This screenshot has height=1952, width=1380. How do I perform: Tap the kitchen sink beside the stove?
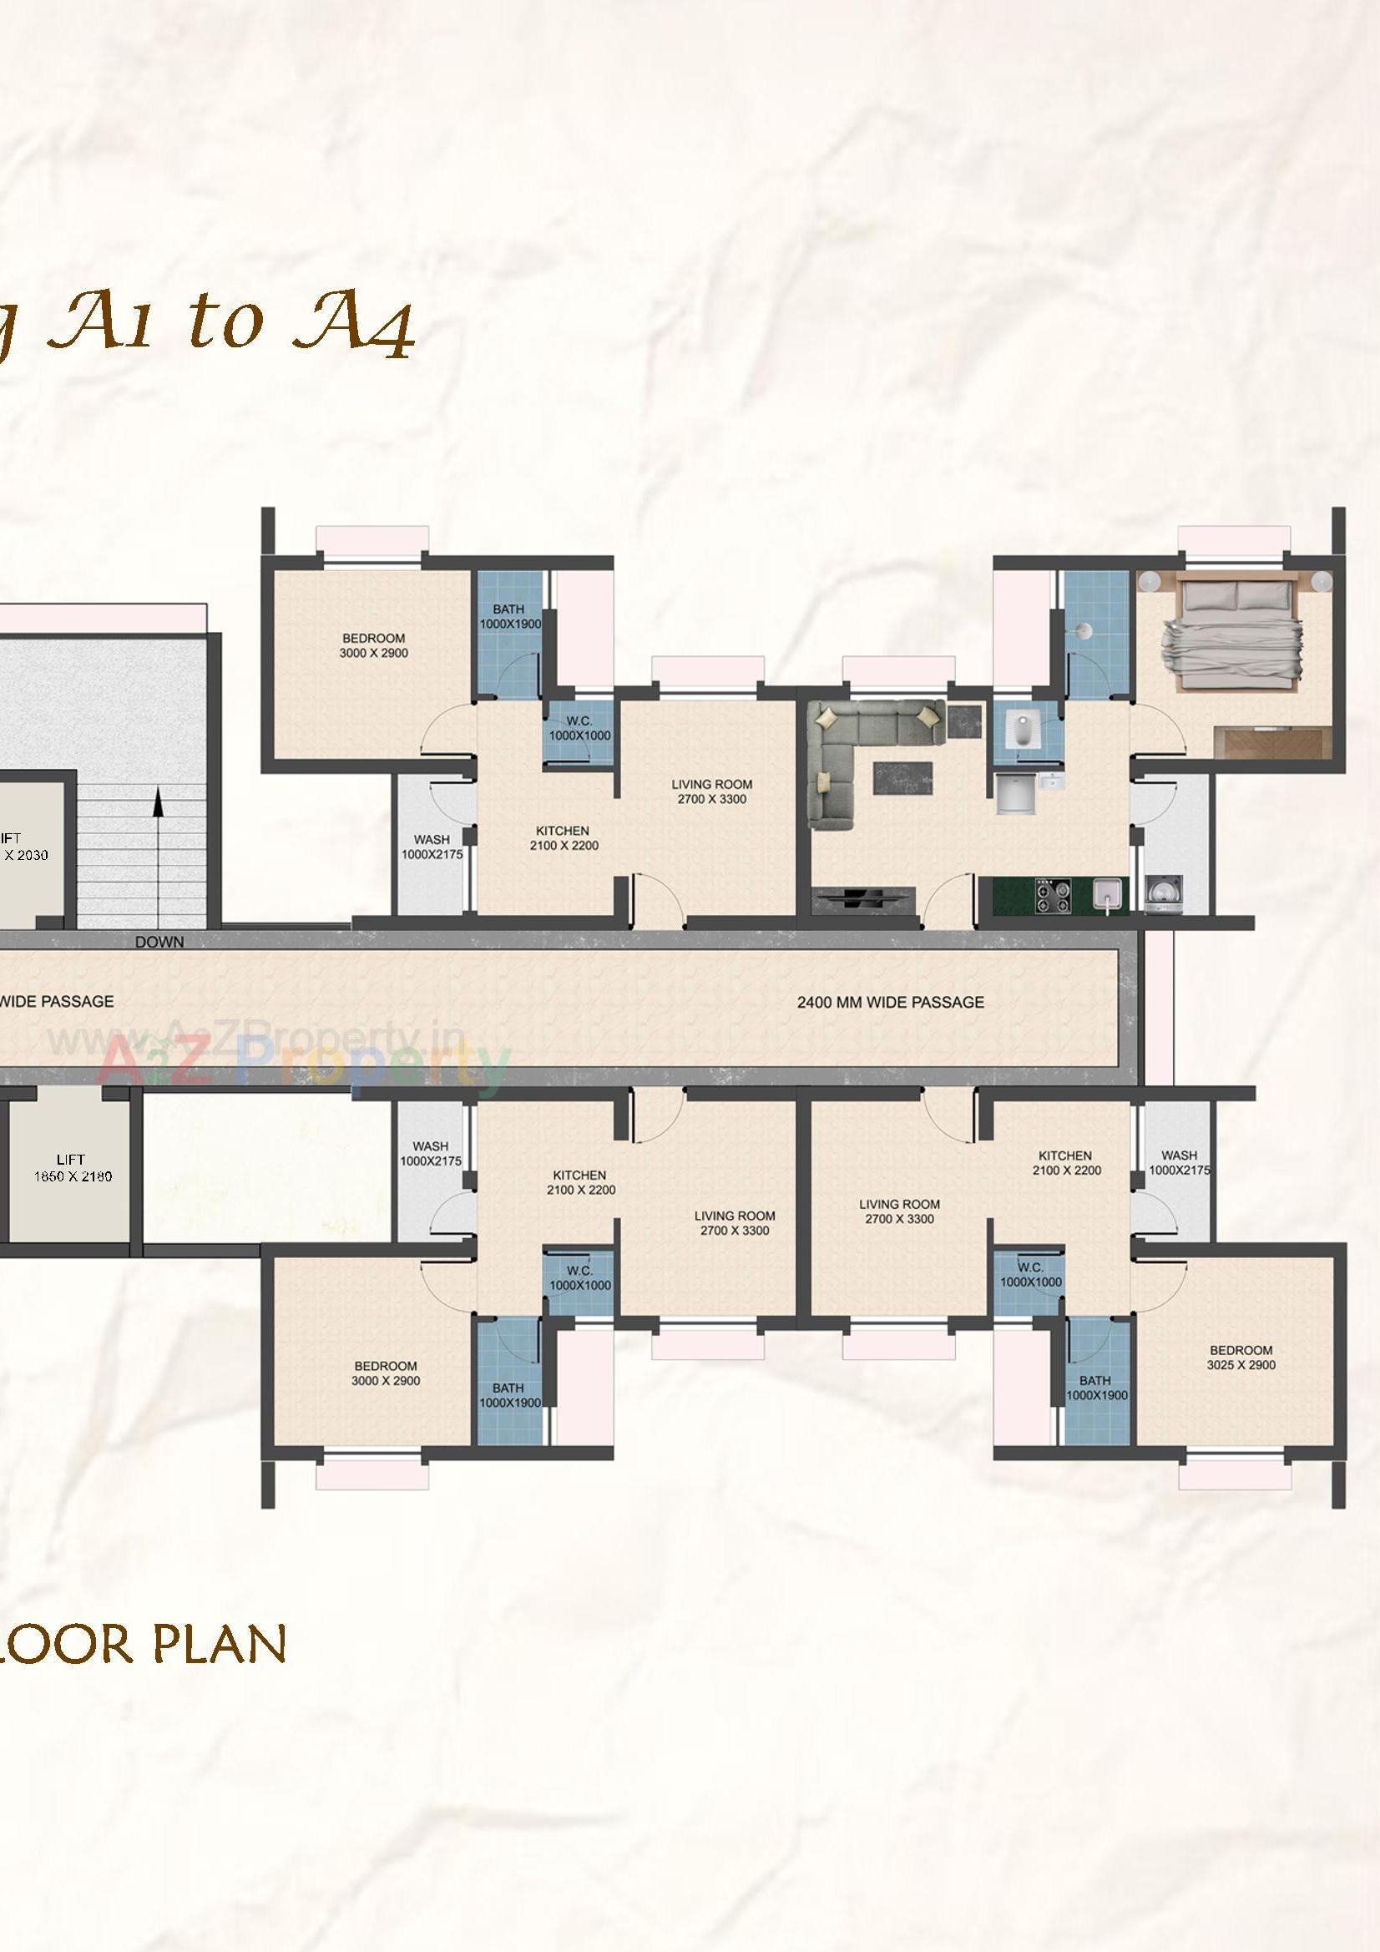pyautogui.click(x=1106, y=893)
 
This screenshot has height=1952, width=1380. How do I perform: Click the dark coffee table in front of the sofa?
pyautogui.click(x=902, y=778)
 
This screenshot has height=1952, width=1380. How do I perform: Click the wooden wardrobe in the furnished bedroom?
pyautogui.click(x=1273, y=741)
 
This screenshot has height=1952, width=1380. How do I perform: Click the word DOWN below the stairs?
pyautogui.click(x=159, y=942)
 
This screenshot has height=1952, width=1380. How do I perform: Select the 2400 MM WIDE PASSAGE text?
pyautogui.click(x=890, y=1003)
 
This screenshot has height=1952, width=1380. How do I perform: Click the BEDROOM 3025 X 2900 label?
pyautogui.click(x=1241, y=1358)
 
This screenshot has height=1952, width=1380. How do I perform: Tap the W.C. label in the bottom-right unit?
pyautogui.click(x=1029, y=1274)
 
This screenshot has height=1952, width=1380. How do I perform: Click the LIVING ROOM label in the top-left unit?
pyautogui.click(x=711, y=791)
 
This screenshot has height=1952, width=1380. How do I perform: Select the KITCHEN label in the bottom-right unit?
pyautogui.click(x=1064, y=1162)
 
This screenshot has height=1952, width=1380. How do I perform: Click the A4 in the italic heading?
pyautogui.click(x=353, y=327)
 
